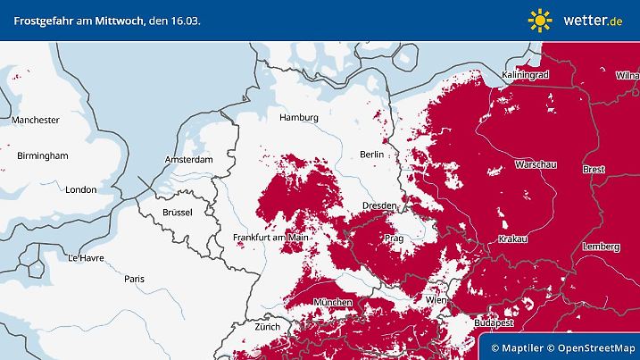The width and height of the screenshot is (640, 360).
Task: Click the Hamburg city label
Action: point(299,118)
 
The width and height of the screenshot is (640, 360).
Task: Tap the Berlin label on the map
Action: point(371,155)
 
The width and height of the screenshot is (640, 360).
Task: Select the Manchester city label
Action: point(36,120)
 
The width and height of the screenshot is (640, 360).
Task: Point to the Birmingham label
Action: point(43,155)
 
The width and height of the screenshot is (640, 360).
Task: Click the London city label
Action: point(80,189)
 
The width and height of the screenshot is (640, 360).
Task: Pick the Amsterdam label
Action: point(189,160)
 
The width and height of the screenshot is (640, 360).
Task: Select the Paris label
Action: point(135,279)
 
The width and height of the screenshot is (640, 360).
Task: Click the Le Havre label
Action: point(86,257)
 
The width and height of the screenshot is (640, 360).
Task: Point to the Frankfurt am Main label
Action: point(270,238)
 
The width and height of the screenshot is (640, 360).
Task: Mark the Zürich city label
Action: point(267,327)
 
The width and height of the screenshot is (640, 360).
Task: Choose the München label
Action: point(333,304)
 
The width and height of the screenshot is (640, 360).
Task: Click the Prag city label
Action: point(394,239)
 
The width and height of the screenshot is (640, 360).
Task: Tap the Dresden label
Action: point(378,205)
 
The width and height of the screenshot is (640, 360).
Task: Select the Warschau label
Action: point(536,165)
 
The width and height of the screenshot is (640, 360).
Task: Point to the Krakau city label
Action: point(513,239)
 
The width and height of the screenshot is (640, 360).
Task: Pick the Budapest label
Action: point(494,322)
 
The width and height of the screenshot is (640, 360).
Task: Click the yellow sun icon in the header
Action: point(540,20)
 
